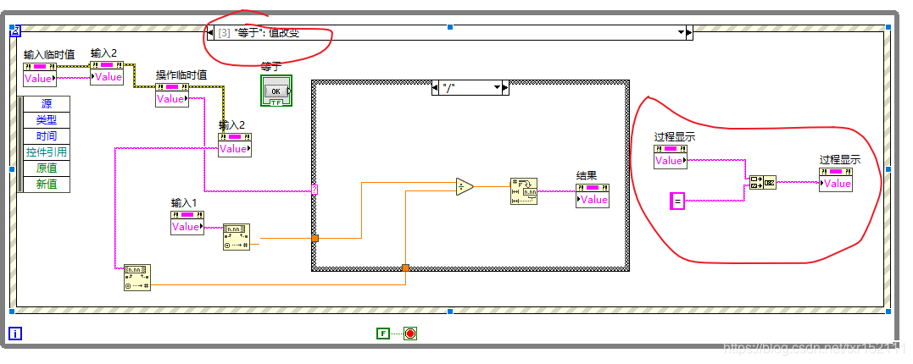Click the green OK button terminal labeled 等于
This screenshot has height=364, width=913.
coord(276,91)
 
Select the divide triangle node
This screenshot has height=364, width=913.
coord(464,186)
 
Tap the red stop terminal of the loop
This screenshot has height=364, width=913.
coord(410,334)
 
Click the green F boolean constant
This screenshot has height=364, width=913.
coord(383,334)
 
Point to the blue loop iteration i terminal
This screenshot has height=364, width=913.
coord(15,334)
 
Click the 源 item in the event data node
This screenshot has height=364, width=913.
coord(47,104)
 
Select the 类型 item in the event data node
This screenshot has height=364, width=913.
coord(47,120)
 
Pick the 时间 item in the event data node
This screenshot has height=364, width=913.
coord(47,136)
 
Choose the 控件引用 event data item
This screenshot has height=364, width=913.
coord(47,152)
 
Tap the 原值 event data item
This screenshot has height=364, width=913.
coord(47,168)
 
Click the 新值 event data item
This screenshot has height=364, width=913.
coord(47,185)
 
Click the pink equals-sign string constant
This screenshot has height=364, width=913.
coord(677,201)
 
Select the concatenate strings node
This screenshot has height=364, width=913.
coord(762,182)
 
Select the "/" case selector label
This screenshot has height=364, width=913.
coord(467,87)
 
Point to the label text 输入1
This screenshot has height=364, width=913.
coord(184,203)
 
